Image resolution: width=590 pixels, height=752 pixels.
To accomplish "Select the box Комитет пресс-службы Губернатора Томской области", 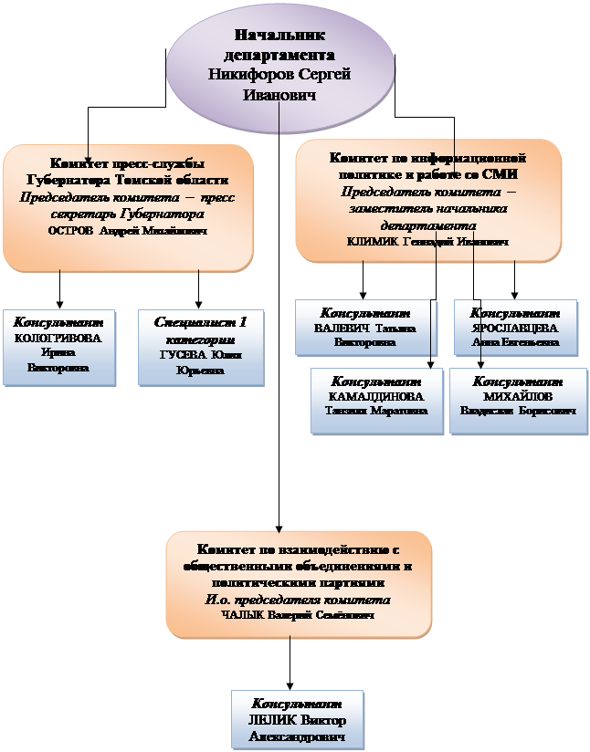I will point(127,206).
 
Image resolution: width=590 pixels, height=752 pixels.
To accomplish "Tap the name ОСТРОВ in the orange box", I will point(71,232).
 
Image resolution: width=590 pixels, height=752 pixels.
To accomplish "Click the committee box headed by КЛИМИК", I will point(427,200).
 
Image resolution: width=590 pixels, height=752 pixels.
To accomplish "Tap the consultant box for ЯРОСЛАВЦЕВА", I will point(516,328).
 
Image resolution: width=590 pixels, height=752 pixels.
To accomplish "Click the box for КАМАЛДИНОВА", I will point(376,396).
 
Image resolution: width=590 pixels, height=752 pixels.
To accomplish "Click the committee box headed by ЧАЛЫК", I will point(298,583).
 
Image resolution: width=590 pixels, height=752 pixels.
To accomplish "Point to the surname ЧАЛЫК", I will point(240,615).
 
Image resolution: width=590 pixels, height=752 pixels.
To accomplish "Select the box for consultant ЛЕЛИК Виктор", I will point(298,719).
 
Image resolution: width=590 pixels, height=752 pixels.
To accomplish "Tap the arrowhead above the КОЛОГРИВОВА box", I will point(60,302).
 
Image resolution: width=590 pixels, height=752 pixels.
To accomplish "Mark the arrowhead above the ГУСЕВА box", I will point(199,302).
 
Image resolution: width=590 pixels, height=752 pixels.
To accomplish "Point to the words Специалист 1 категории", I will point(201,329).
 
